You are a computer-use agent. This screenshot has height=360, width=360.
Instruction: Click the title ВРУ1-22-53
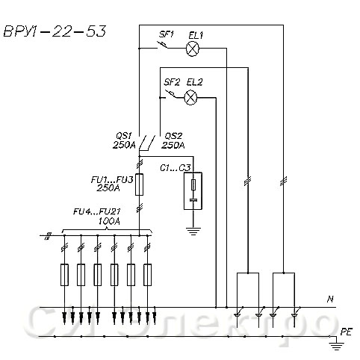55,31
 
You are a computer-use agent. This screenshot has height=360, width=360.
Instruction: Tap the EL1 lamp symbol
193,49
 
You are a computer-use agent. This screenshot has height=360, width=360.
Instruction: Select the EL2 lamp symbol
190,97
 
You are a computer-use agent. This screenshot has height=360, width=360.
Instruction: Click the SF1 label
166,34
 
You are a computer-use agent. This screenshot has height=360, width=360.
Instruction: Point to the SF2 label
172,82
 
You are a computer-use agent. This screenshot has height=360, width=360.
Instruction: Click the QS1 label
124,136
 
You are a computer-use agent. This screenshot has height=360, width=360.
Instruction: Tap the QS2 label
173,136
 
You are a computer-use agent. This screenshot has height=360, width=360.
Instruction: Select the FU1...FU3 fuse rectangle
139,184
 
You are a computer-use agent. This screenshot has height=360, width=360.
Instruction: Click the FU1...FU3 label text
112,179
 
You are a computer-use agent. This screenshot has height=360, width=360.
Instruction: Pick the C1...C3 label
176,168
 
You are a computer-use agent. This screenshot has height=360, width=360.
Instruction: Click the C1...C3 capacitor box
193,190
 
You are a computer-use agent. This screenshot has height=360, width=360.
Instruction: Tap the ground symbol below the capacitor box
193,232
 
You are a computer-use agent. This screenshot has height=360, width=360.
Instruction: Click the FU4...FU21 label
97,211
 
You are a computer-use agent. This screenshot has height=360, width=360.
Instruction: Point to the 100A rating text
109,221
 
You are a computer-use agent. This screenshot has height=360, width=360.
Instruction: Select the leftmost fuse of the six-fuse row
64,275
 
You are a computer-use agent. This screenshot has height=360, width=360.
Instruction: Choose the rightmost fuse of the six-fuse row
147,275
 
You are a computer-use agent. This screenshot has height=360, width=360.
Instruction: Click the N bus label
330,300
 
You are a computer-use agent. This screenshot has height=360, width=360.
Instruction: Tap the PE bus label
347,332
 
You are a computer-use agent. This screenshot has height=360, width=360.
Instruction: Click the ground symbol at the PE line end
336,346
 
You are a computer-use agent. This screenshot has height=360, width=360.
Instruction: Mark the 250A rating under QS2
173,145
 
